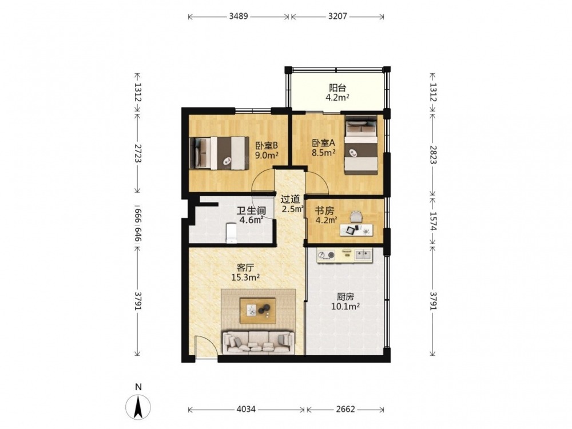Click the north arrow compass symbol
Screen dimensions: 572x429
(x=138, y=406)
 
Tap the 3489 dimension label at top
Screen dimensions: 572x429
(x=239, y=16)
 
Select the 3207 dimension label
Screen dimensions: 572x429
(x=337, y=16)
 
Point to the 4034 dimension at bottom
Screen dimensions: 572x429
(x=246, y=410)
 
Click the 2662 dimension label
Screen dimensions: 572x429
(x=345, y=410)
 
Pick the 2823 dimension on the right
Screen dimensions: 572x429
(x=433, y=154)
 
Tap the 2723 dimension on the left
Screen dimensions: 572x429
(x=138, y=153)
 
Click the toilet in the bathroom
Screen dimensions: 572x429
(x=232, y=233)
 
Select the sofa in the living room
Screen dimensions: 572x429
(x=259, y=343)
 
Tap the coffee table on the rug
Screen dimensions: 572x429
(x=257, y=311)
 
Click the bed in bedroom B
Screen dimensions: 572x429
(x=217, y=153)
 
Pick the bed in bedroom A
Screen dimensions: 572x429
(x=361, y=145)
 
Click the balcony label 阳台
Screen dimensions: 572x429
(x=337, y=88)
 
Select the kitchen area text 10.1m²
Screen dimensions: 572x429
(x=345, y=307)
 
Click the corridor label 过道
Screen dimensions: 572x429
(x=291, y=199)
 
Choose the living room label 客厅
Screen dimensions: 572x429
(x=245, y=267)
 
